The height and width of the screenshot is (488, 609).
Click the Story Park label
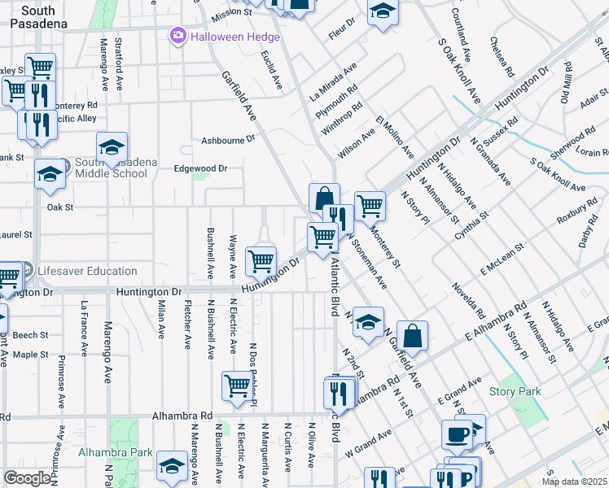[x=515, y=391]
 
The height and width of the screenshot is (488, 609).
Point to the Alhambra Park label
[x=116, y=451]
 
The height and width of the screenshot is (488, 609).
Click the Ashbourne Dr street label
[x=229, y=141]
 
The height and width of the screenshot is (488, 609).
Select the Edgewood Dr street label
[x=200, y=168]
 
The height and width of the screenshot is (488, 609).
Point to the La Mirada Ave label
[x=334, y=81]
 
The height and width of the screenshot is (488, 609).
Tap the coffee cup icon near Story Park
[x=455, y=434]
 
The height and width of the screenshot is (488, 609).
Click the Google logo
[x=27, y=478]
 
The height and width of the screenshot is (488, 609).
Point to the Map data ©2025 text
[x=574, y=481]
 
